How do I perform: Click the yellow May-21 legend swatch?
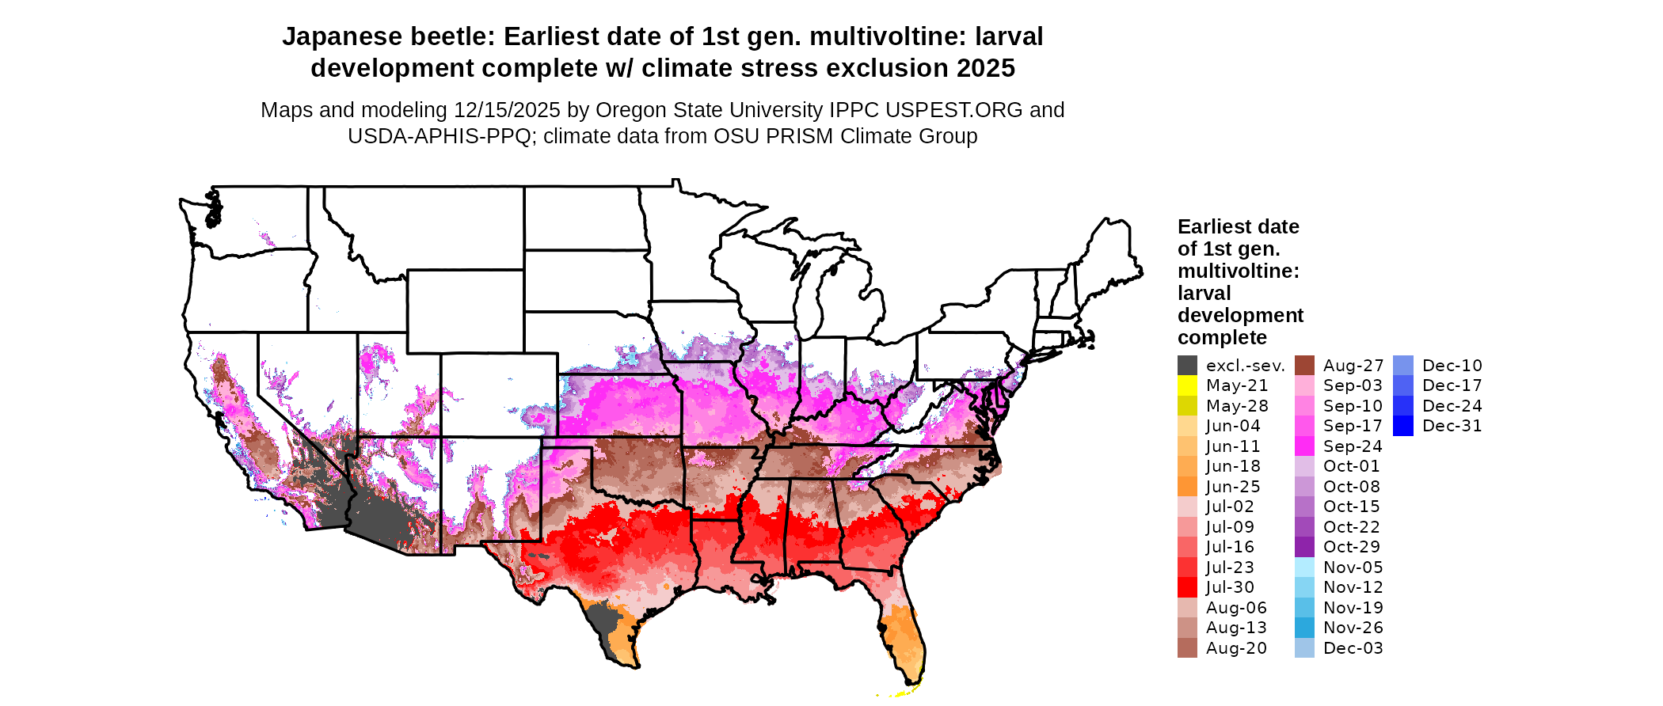[1187, 385]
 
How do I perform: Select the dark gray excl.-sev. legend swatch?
[1187, 366]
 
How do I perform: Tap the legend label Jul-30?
[1230, 587]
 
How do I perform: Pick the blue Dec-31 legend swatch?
[1402, 426]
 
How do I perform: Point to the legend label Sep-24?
[1353, 446]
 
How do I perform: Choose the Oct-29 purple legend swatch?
[1304, 547]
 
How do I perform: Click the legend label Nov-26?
[1353, 628]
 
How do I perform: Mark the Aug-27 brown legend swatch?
[1304, 366]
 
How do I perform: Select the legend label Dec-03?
[1353, 648]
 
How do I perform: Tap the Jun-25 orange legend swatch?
[1187, 487]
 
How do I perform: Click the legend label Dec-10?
[1452, 366]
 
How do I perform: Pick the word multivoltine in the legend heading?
[1238, 271]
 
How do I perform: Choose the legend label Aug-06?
[1235, 608]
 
